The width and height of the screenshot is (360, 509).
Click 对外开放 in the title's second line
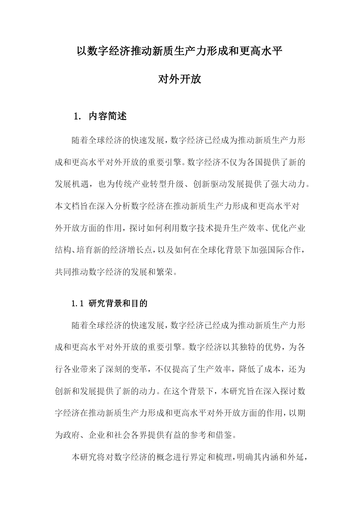click(x=180, y=79)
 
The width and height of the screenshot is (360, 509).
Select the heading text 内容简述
click(x=108, y=116)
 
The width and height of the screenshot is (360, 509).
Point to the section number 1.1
click(x=77, y=304)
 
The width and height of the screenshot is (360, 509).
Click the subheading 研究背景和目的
click(x=118, y=304)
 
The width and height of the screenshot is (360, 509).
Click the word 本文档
click(x=67, y=207)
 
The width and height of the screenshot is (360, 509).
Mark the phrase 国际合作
click(x=284, y=250)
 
